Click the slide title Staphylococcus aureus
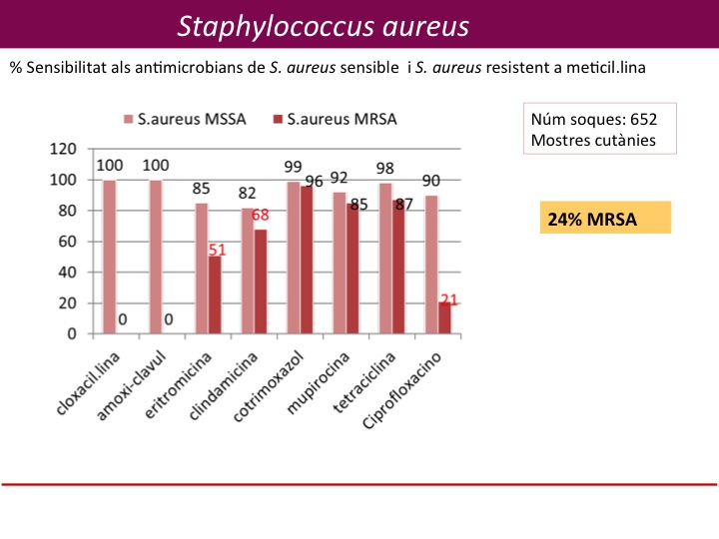pyautogui.click(x=323, y=26)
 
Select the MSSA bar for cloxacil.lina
pyautogui.click(x=109, y=257)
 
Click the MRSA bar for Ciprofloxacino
pyautogui.click(x=444, y=317)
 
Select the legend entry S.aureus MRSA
pyautogui.click(x=341, y=119)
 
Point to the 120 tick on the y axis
pyautogui.click(x=64, y=149)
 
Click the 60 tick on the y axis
pyautogui.click(x=68, y=242)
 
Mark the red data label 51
pyautogui.click(x=218, y=251)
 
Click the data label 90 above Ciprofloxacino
pyautogui.click(x=430, y=181)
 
